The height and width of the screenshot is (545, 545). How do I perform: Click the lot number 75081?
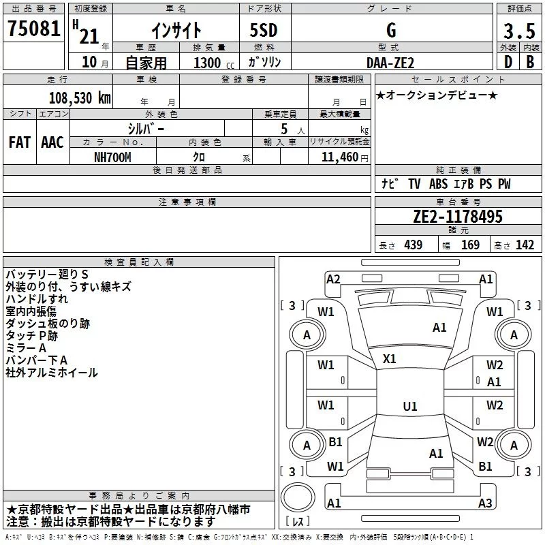[x=33, y=29]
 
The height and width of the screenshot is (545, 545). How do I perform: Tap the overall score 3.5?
[x=519, y=31]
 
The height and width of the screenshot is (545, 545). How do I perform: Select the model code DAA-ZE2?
[x=390, y=63]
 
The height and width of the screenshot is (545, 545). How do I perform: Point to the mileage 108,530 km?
[x=80, y=98]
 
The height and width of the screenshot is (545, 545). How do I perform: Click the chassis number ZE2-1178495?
[x=458, y=217]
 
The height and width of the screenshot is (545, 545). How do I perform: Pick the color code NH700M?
[x=112, y=157]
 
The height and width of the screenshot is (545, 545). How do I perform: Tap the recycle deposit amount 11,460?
[x=340, y=157]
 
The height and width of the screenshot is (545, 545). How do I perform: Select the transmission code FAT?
[x=20, y=142]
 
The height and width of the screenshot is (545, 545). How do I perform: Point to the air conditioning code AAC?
[x=52, y=142]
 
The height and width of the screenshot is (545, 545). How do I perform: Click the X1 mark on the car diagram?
[x=389, y=359]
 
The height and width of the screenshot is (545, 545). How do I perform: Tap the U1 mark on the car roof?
[x=410, y=406]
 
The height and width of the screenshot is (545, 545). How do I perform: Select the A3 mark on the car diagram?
[x=485, y=503]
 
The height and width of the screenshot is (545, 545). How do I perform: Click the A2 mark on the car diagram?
[x=333, y=279]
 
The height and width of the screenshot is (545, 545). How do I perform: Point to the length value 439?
[x=414, y=245]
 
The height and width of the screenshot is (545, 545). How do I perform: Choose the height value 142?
[x=525, y=245]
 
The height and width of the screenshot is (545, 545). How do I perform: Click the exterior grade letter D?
[x=508, y=62]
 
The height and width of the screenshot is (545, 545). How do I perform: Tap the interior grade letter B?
[x=530, y=62]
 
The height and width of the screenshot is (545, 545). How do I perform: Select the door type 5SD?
[x=264, y=30]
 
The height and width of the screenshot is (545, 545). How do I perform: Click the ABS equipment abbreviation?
[x=438, y=184]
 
